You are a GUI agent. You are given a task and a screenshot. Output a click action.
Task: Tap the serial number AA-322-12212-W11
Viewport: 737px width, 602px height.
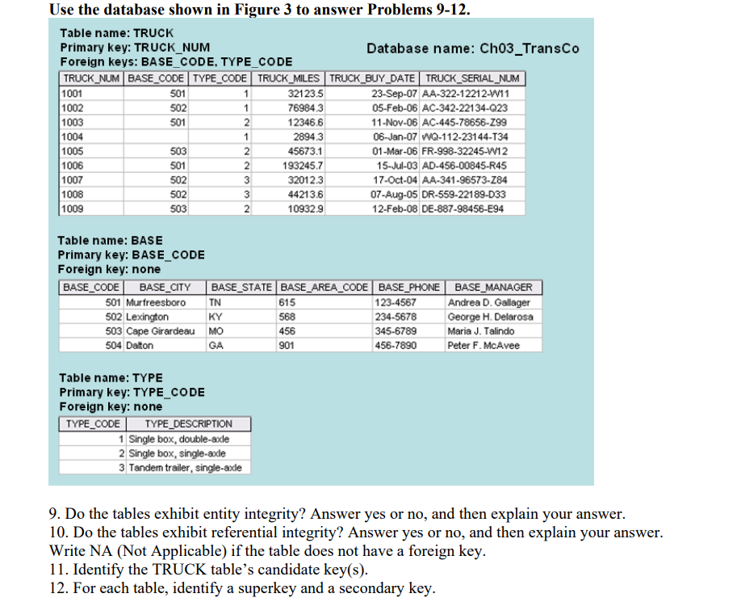pyautogui.click(x=473, y=93)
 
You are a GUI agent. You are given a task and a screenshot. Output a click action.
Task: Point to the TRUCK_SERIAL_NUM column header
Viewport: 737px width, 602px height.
pyautogui.click(x=472, y=78)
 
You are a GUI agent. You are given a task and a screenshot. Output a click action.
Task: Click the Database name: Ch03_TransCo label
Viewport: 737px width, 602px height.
pyautogui.click(x=472, y=48)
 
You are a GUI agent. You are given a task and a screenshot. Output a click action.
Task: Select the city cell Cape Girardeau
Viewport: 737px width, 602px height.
pyautogui.click(x=161, y=331)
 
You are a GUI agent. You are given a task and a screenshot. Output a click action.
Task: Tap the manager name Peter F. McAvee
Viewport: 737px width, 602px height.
pyautogui.click(x=484, y=346)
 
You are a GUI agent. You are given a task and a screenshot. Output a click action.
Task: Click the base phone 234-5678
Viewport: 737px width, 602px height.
pyautogui.click(x=396, y=317)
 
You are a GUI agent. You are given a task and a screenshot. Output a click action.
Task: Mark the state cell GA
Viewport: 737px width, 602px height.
pyautogui.click(x=216, y=346)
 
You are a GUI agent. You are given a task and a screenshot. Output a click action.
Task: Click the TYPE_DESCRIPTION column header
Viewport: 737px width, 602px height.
pyautogui.click(x=188, y=423)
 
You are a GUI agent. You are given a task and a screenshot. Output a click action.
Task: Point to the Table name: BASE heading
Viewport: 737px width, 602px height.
pyautogui.click(x=110, y=240)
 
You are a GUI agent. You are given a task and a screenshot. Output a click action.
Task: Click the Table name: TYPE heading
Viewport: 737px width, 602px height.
pyautogui.click(x=111, y=377)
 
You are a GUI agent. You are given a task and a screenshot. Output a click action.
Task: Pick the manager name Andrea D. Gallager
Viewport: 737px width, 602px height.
pyautogui.click(x=489, y=302)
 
